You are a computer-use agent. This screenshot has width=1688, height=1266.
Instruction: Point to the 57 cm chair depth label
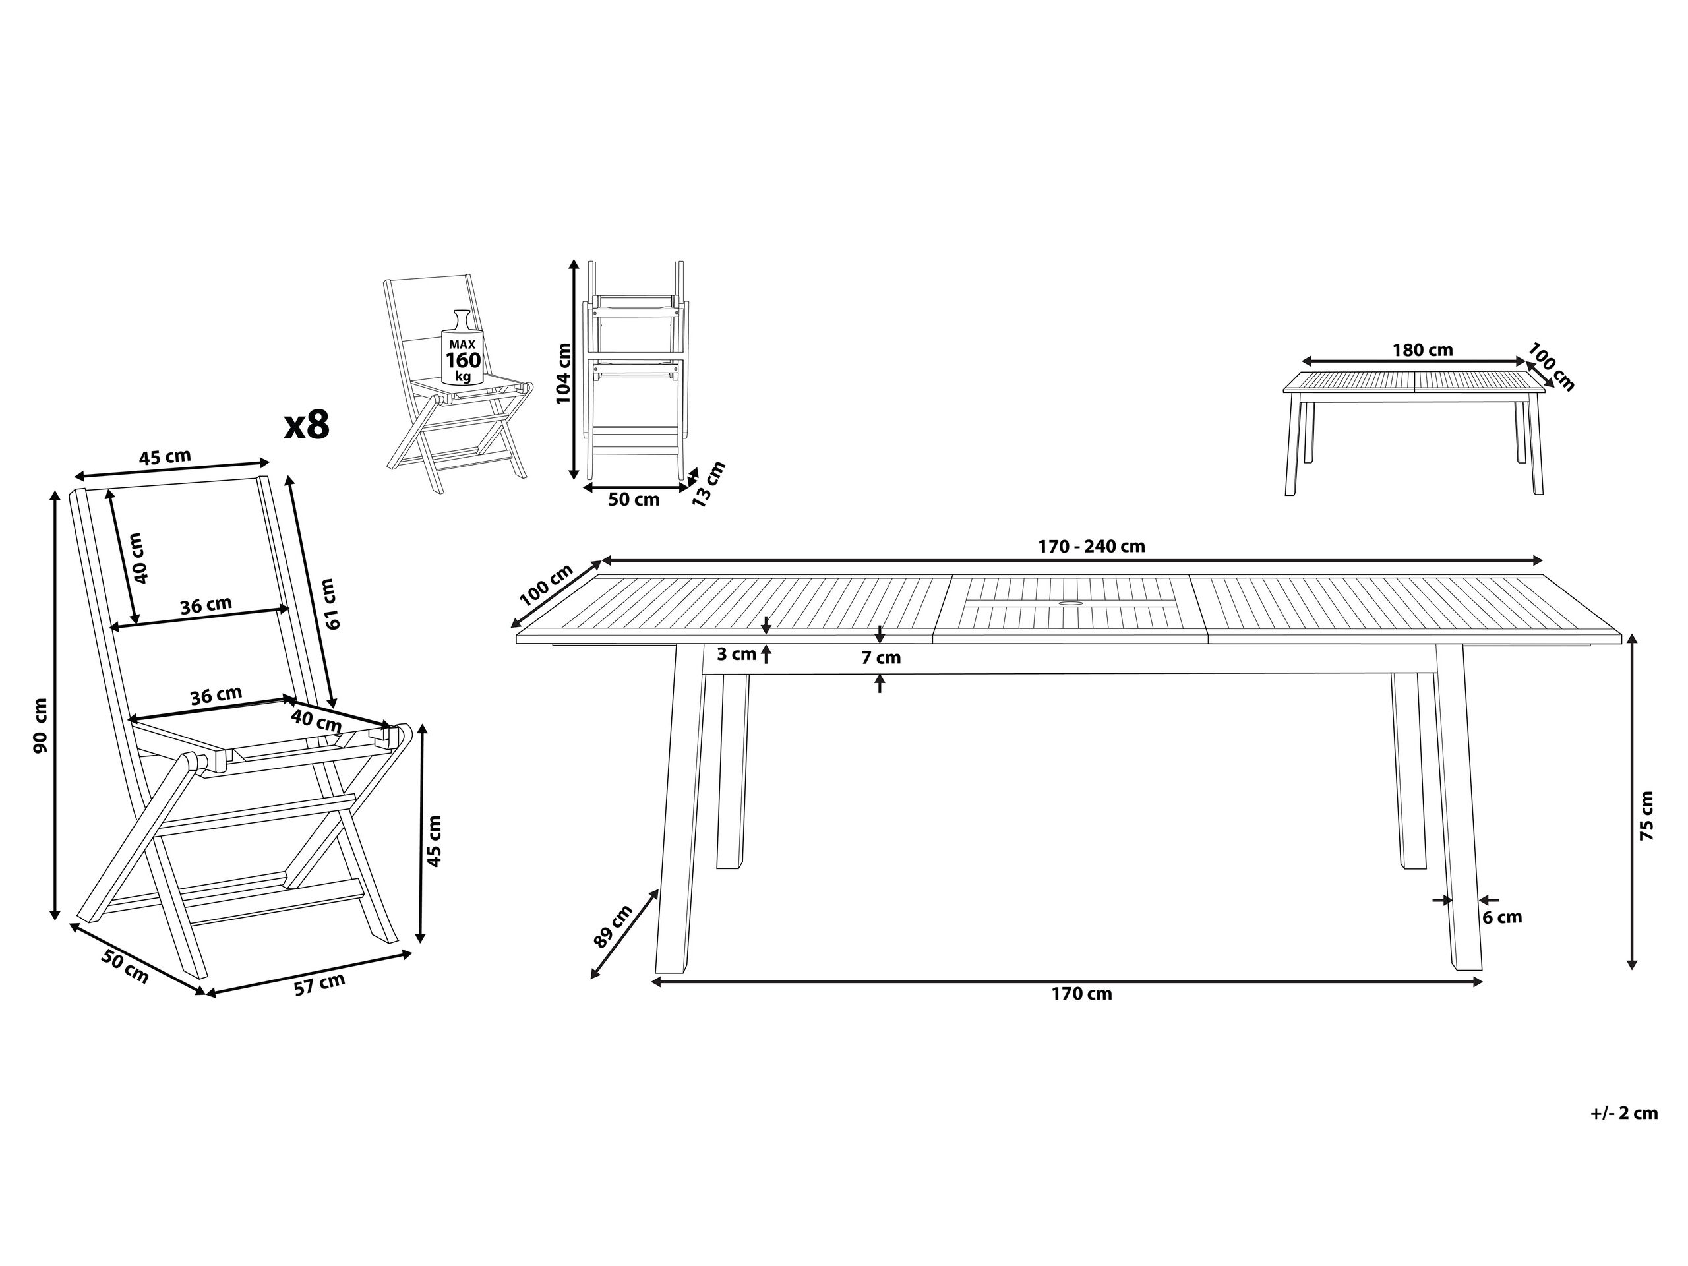320,984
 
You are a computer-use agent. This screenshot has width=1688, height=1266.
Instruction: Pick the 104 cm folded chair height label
563,374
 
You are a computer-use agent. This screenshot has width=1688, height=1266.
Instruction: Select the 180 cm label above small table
1422,350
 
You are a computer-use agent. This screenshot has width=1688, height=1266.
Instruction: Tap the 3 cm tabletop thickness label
737,654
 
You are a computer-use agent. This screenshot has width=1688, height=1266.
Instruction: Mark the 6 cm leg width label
1502,917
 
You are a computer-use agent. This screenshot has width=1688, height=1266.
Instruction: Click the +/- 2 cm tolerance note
1624,1114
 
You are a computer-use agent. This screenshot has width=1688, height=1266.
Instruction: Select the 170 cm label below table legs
1081,994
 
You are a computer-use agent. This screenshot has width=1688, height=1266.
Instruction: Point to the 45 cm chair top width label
165,457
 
